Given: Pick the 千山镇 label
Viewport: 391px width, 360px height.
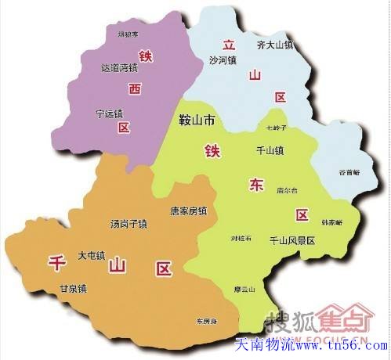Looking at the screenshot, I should pyautogui.click(x=270, y=149).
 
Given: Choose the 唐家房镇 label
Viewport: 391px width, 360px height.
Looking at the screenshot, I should pyautogui.click(x=188, y=211).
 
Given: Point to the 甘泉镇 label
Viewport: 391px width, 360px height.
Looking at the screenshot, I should pyautogui.click(x=73, y=289).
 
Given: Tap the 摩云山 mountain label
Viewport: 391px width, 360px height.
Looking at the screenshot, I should pyautogui.click(x=248, y=289).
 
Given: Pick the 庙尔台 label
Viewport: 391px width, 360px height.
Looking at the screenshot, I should pyautogui.click(x=288, y=190).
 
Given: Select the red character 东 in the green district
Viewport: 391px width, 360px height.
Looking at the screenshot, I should pyautogui.click(x=256, y=185).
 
